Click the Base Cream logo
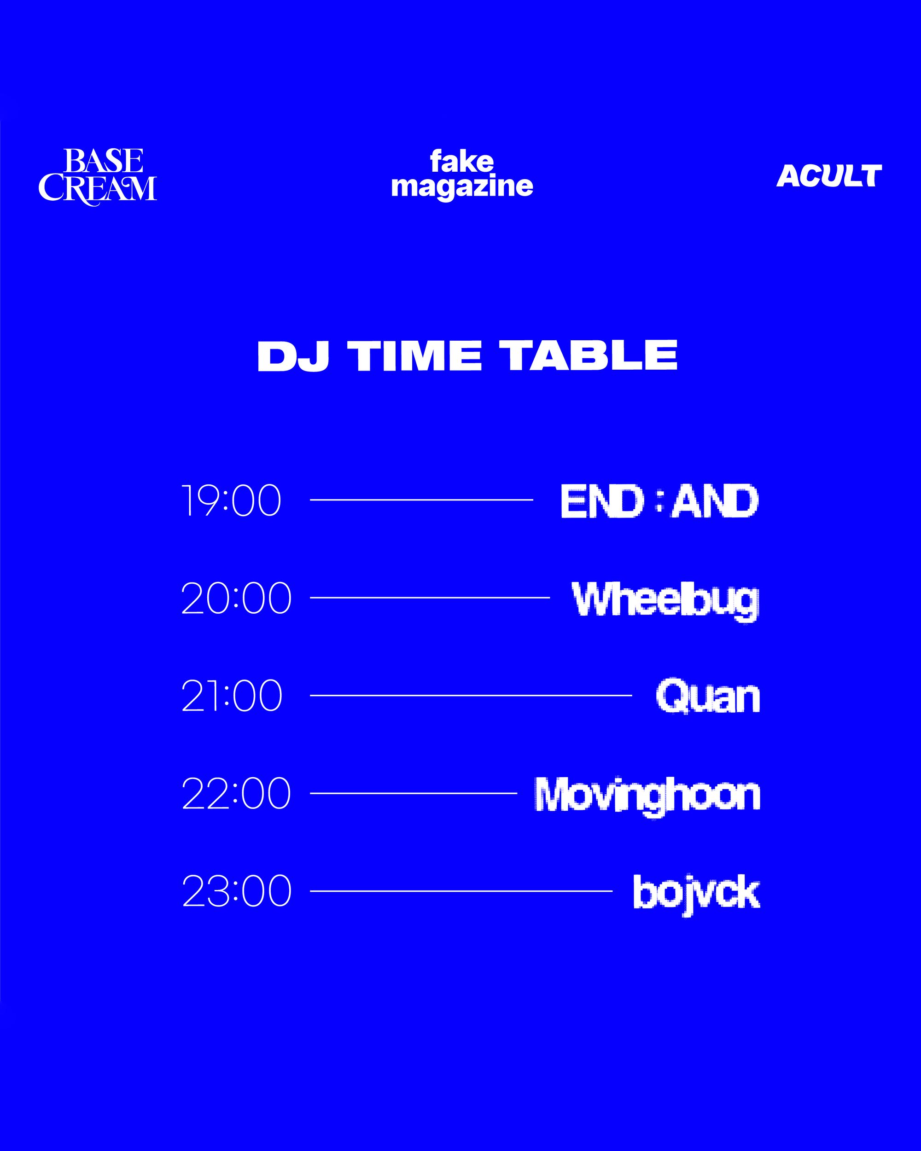98,177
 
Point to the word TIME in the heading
415,355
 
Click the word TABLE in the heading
591,355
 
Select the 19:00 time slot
231,500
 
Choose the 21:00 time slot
232,696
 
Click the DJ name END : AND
659,501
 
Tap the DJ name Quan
708,697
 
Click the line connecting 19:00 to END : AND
422,500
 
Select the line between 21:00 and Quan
471,695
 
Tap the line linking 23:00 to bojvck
461,891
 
